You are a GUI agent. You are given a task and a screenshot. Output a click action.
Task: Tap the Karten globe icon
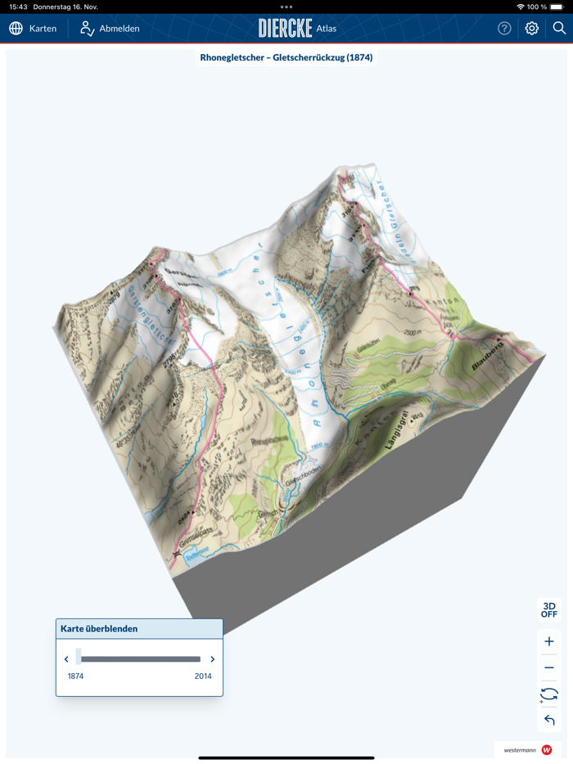(16, 29)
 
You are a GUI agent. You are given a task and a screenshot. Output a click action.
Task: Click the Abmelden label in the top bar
(120, 29)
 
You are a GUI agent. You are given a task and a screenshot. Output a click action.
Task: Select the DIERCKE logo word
(285, 29)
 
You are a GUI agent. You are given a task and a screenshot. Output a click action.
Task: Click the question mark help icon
(504, 29)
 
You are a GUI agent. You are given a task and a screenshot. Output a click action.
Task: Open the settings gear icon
(532, 29)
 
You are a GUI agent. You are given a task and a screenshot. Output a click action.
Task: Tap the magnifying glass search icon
(559, 29)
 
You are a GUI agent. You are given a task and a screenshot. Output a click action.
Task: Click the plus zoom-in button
(549, 641)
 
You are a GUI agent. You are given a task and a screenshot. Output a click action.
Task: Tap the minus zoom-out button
(549, 667)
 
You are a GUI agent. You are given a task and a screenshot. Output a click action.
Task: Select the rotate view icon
(549, 694)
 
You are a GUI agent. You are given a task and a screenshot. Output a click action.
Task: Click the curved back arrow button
(549, 721)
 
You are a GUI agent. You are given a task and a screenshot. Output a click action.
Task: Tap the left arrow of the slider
(66, 659)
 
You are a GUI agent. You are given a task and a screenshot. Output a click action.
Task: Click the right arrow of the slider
(213, 659)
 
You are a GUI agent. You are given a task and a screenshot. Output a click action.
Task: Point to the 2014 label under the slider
(203, 676)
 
